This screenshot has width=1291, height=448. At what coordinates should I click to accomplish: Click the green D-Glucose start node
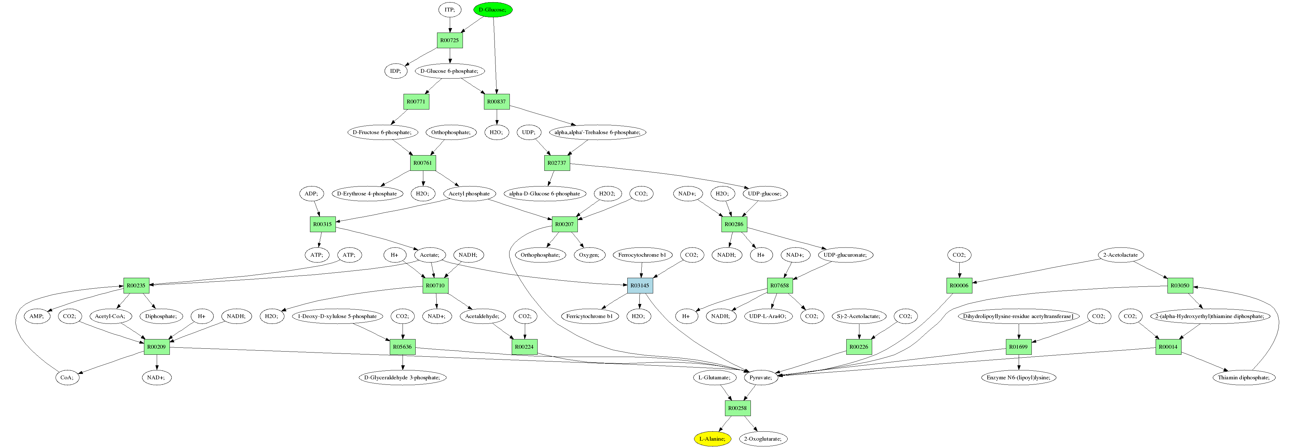coord(493,10)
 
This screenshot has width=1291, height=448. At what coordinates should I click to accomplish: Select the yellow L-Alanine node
coord(712,438)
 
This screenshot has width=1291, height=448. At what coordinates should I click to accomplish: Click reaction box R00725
coord(449,40)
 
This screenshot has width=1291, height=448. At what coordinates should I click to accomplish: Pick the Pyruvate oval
coord(761,377)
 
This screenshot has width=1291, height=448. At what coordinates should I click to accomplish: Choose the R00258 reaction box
coord(737,408)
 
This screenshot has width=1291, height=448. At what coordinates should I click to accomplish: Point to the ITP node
coord(449,10)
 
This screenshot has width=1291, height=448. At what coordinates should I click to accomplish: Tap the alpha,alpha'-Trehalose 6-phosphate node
coord(597,132)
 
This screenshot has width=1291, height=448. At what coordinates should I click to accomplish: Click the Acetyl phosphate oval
coord(469,194)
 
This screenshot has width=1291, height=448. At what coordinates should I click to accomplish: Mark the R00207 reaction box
coord(564,224)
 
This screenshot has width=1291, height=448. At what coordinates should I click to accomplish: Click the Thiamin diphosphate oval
coord(1244,377)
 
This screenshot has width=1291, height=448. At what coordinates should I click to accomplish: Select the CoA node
coord(67,377)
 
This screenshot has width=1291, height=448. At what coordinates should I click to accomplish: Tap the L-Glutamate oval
coord(714,377)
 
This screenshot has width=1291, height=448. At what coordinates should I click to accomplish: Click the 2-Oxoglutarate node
coord(762,438)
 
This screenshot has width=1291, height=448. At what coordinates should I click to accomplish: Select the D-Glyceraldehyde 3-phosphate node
coord(403,377)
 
